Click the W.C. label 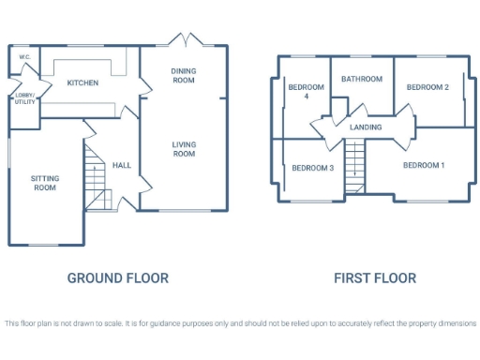[24, 57]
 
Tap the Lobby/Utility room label [24, 98]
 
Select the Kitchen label [82, 83]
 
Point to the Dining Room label [183, 76]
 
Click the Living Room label [183, 148]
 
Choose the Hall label [122, 165]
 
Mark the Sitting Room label [43, 182]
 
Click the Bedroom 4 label [306, 92]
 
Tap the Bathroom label [361, 80]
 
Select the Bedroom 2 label [427, 87]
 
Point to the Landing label [365, 127]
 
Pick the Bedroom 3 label [312, 168]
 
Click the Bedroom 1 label [424, 165]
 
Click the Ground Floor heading [118, 277]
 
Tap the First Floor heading [375, 277]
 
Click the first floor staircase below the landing [354, 161]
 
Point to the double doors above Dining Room [183, 40]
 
